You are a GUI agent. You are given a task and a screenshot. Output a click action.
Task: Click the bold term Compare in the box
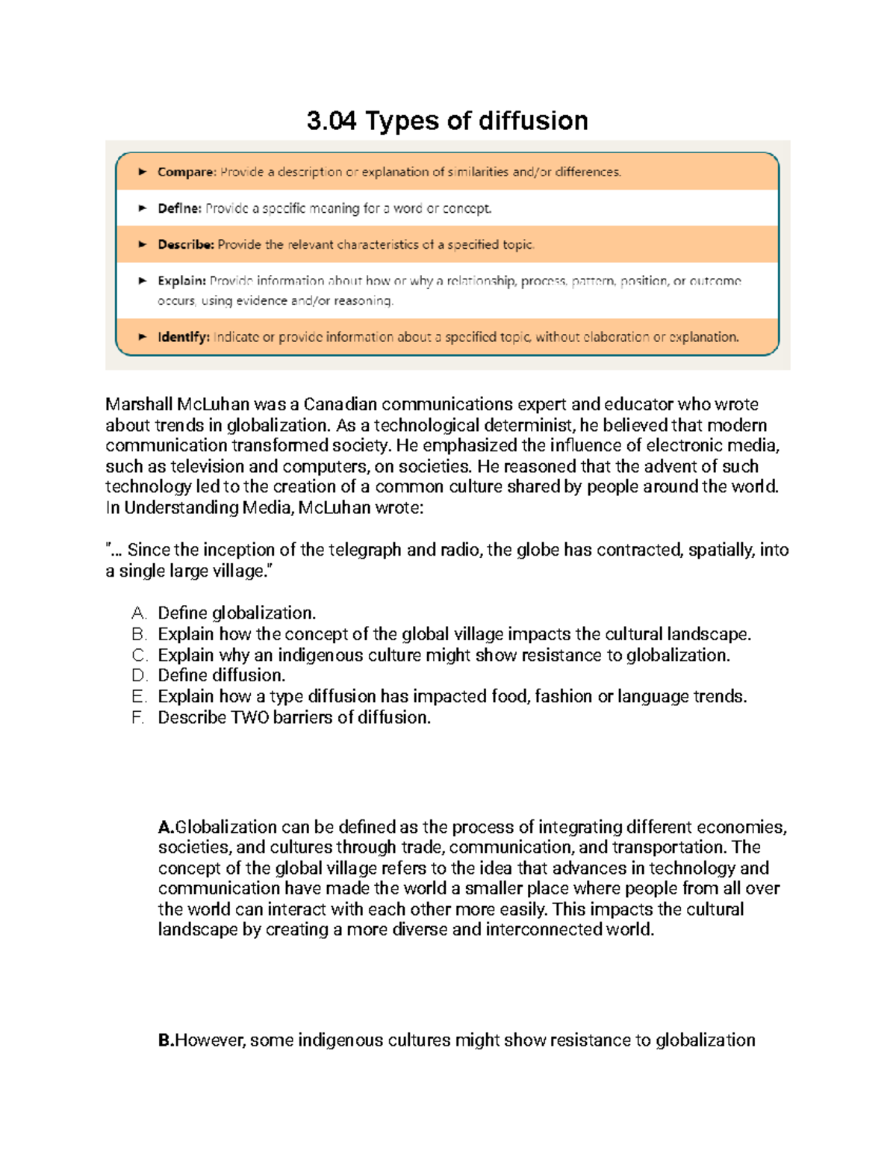(186, 172)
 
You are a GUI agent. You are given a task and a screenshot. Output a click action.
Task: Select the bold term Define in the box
(179, 208)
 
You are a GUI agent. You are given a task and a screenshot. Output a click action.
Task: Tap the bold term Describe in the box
(185, 244)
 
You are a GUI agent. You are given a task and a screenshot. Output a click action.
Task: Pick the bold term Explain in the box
(181, 281)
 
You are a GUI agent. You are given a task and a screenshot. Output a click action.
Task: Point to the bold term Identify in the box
(183, 337)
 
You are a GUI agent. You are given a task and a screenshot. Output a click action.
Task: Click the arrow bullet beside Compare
(142, 172)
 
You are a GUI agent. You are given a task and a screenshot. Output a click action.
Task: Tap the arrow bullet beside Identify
(142, 337)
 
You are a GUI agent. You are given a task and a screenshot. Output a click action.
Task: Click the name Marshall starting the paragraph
(138, 405)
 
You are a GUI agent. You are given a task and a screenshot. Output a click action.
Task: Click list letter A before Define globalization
(138, 613)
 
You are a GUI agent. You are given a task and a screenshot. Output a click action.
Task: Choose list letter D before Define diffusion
(138, 676)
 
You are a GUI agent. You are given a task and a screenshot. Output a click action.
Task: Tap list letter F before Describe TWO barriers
(137, 718)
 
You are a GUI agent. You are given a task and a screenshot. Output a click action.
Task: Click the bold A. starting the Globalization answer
(166, 827)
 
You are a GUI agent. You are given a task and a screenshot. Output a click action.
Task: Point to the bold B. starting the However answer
(166, 1040)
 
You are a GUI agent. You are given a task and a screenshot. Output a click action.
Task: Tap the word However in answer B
(209, 1040)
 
